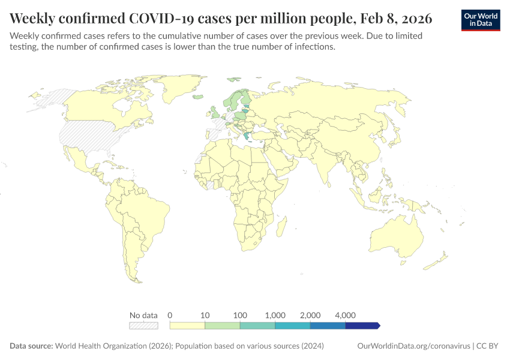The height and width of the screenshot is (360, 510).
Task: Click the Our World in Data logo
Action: [480, 20]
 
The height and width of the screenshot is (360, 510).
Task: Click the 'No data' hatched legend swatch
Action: [144, 325]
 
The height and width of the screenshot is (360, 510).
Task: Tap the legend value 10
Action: [205, 315]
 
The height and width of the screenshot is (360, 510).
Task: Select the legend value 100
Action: [240, 315]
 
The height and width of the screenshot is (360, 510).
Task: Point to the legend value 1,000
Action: [275, 315]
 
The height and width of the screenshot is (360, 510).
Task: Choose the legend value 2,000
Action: [310, 315]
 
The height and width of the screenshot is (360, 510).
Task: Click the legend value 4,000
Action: [345, 315]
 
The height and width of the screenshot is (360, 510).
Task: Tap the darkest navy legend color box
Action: [362, 325]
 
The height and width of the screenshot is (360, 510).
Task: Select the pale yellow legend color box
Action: [187, 325]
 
